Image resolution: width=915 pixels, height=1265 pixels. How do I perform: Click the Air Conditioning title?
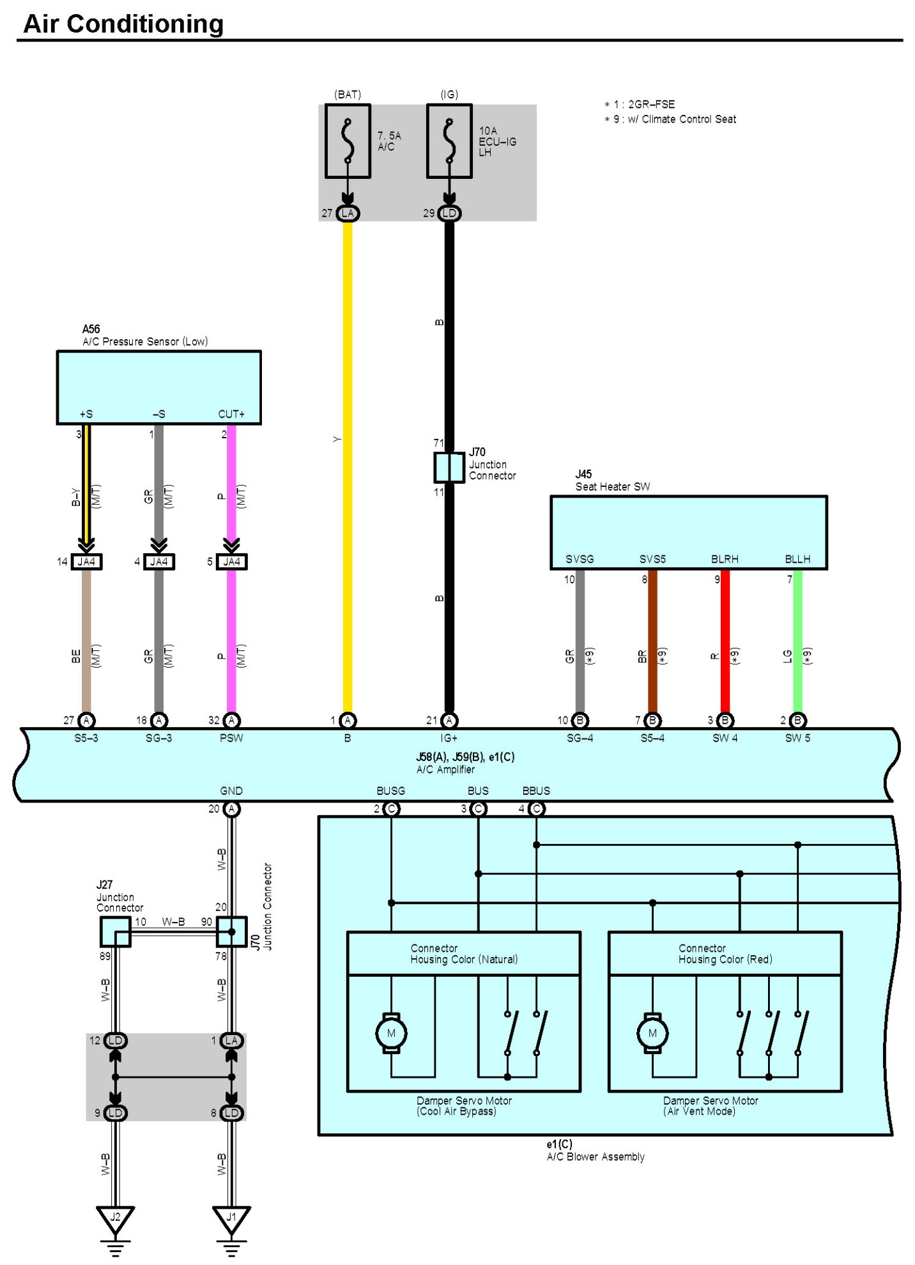(x=123, y=24)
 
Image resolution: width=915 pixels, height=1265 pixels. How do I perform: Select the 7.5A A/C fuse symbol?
(x=348, y=141)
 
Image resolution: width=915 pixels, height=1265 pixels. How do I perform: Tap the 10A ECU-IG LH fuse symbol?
(x=449, y=141)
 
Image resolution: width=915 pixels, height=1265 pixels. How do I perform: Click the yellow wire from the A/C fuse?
(x=348, y=447)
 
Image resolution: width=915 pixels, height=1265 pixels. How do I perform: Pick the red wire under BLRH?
(x=725, y=639)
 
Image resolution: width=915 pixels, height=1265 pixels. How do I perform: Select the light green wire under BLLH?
(x=797, y=639)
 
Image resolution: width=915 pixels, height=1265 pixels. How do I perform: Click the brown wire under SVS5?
(x=652, y=639)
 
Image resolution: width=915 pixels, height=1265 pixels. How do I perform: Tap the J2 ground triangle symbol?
(x=115, y=1218)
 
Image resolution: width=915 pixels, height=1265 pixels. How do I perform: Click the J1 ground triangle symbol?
(x=231, y=1218)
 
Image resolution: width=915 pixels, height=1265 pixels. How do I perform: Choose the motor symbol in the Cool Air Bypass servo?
(x=391, y=1033)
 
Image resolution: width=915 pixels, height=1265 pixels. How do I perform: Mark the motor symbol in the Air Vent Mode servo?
(x=652, y=1033)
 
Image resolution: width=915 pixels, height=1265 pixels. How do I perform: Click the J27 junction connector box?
(x=115, y=931)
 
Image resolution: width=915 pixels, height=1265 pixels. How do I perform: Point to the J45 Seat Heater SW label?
(x=611, y=480)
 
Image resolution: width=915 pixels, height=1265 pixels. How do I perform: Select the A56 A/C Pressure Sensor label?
(x=144, y=335)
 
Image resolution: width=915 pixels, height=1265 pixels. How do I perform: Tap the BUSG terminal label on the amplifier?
(x=390, y=790)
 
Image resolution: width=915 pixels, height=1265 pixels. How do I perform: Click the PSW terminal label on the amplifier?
(x=231, y=738)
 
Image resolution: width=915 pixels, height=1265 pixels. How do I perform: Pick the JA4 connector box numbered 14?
(x=86, y=562)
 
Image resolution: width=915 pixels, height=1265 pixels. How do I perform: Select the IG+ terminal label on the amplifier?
(x=449, y=738)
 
